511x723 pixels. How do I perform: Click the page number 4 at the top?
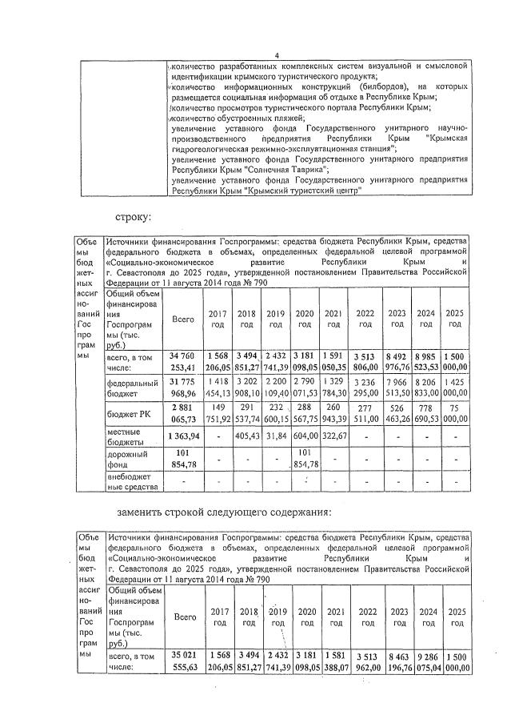click(x=276, y=54)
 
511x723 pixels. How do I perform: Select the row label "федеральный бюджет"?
click(x=132, y=389)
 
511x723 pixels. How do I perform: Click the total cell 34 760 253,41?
click(x=183, y=361)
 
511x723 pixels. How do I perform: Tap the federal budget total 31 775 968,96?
click(x=183, y=389)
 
